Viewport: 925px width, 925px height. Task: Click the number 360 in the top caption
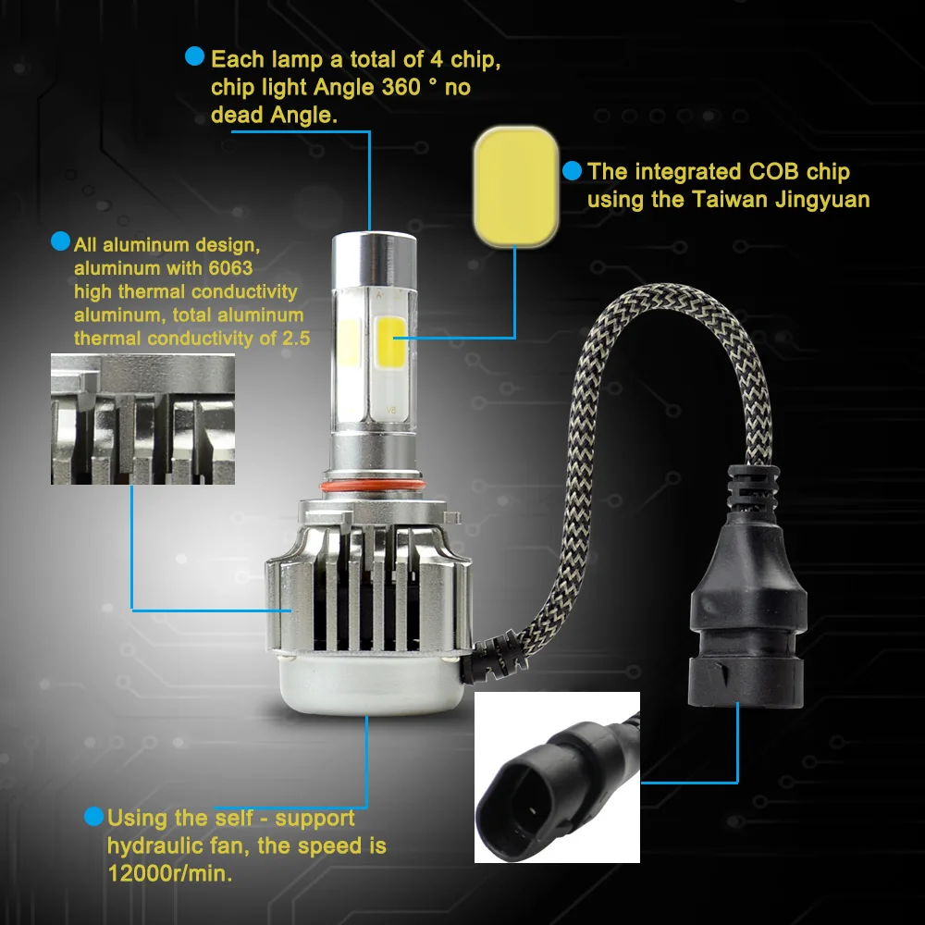click(x=401, y=87)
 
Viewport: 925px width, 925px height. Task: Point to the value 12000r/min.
click(x=170, y=873)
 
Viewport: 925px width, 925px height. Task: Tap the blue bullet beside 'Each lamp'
click(x=194, y=56)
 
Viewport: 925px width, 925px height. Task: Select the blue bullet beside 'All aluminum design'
click(x=61, y=240)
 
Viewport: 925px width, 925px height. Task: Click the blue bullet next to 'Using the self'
click(x=93, y=817)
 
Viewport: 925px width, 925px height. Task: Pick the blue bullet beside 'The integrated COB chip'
click(x=572, y=170)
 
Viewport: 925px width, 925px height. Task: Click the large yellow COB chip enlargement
click(x=516, y=186)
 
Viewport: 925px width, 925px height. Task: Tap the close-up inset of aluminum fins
click(x=142, y=419)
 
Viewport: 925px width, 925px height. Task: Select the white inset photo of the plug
click(x=557, y=777)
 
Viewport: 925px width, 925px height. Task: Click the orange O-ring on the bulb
click(x=373, y=486)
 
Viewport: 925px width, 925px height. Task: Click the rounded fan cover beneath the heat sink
click(x=371, y=684)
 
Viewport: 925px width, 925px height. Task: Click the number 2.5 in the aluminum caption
click(x=296, y=339)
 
